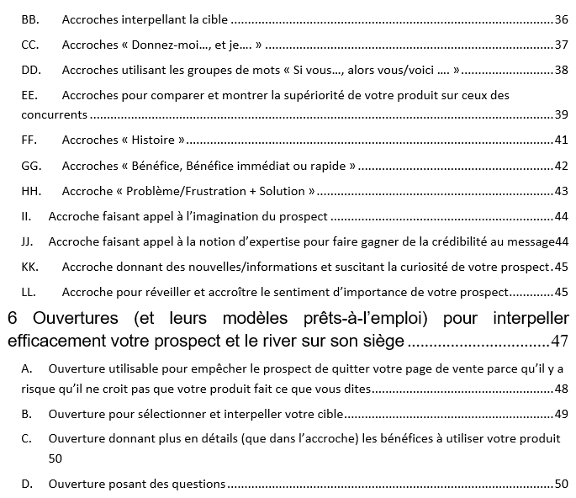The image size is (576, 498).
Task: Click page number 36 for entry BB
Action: (x=562, y=19)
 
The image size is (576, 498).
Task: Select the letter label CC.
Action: (x=30, y=45)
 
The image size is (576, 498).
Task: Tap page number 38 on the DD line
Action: (x=562, y=70)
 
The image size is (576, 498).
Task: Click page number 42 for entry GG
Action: (x=562, y=166)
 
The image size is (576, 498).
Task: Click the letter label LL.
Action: (x=29, y=293)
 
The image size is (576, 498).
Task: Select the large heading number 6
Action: (x=13, y=320)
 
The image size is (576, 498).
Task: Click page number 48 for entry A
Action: (x=562, y=389)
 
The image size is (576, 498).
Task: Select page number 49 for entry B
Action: (x=562, y=414)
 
